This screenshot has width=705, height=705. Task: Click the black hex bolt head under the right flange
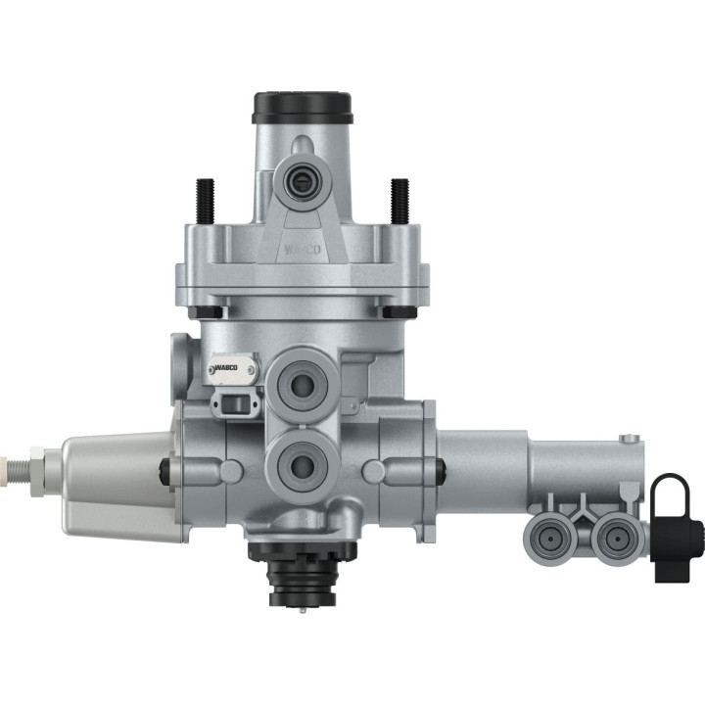click(x=398, y=311)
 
